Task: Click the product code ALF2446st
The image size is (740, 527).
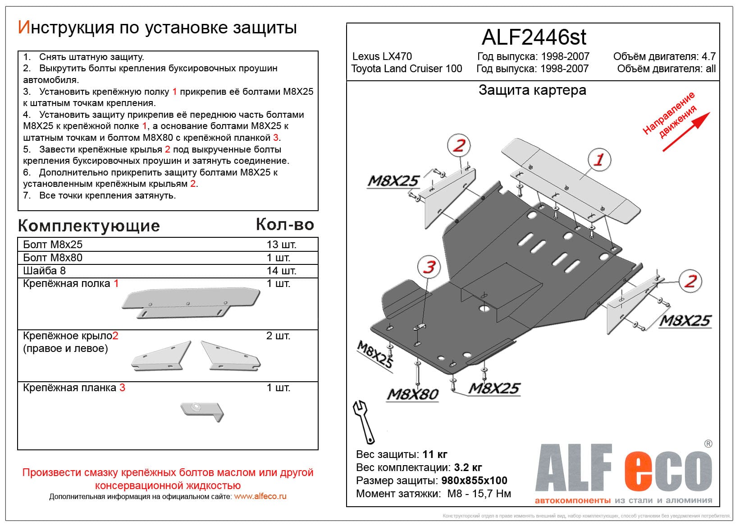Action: coord(534,37)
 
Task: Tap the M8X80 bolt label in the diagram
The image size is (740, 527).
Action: coord(413,394)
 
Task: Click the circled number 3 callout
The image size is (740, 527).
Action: coord(429,267)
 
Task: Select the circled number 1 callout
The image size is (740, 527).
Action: coord(599,159)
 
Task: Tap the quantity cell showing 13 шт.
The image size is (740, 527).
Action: coord(281,245)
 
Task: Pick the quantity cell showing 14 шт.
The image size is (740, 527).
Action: coord(281,271)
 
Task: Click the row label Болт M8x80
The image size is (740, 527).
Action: coord(53,258)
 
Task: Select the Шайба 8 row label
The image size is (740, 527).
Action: coord(44,271)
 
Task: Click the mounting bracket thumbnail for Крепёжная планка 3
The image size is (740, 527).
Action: coord(202,411)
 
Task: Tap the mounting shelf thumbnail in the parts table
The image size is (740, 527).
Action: coord(190,304)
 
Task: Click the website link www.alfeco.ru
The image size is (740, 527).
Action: coord(260,496)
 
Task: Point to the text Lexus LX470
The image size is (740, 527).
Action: coord(382,56)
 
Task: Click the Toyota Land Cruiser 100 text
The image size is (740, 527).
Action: coord(407,69)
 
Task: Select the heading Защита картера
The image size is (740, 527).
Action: coord(532,90)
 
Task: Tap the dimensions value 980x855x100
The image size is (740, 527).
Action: coord(474,481)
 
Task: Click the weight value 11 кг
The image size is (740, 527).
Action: coord(434,454)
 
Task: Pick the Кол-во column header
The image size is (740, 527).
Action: coord(285,225)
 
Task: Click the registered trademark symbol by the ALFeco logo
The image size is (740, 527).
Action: coord(708,444)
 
